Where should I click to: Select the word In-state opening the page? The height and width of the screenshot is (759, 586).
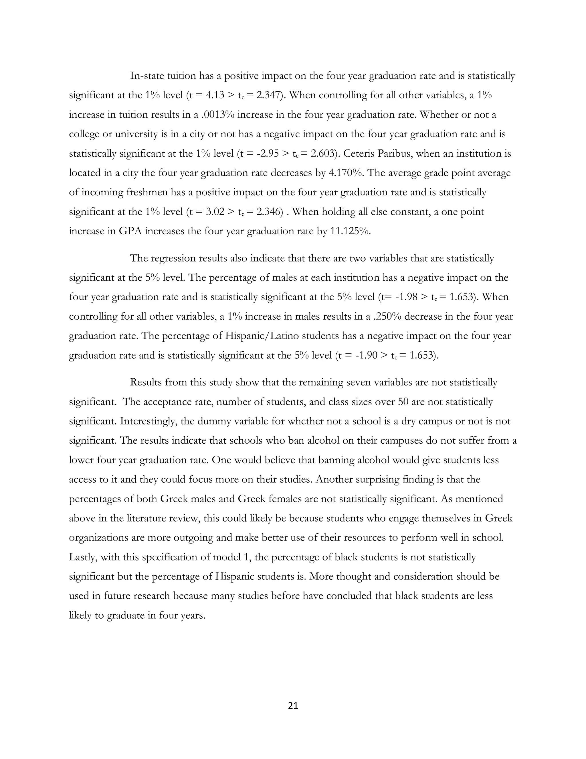(146, 76)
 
